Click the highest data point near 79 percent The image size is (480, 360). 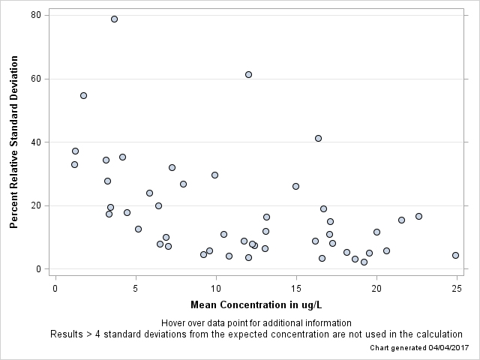click(114, 19)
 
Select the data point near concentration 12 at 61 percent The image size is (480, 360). click(248, 74)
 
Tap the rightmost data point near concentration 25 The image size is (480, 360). click(455, 255)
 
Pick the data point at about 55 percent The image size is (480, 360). click(83, 95)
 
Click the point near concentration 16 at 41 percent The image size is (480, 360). click(318, 138)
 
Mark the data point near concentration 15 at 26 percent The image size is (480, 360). click(295, 186)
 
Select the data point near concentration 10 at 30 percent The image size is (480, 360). click(214, 175)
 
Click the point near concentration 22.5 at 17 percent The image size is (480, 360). click(418, 216)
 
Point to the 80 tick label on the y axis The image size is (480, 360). click(36, 16)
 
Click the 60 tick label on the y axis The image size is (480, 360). click(36, 79)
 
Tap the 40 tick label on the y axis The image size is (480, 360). click(36, 142)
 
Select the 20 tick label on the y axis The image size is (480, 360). click(36, 205)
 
